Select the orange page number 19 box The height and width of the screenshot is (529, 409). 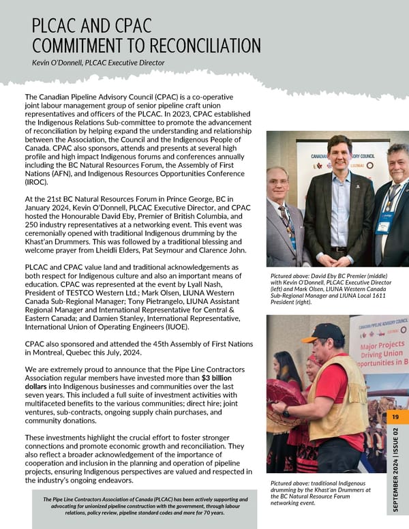[x=395, y=417]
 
